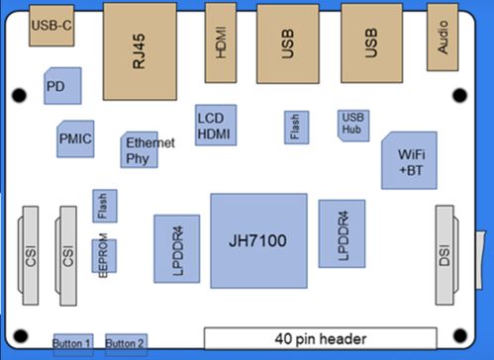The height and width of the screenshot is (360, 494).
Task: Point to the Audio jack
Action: click(x=443, y=39)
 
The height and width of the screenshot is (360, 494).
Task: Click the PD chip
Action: click(x=61, y=87)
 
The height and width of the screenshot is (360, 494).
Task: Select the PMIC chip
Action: click(x=75, y=138)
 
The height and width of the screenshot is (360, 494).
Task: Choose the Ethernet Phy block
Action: click(x=140, y=150)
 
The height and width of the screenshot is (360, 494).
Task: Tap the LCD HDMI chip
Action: click(x=215, y=125)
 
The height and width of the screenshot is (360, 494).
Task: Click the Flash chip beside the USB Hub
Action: click(x=295, y=126)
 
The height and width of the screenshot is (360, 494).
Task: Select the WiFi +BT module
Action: click(x=408, y=160)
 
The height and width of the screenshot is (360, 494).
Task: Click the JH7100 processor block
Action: click(x=258, y=241)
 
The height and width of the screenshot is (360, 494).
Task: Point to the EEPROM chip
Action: click(x=103, y=259)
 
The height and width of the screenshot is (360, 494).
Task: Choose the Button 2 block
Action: click(x=125, y=342)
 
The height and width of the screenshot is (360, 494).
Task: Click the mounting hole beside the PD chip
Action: click(x=18, y=96)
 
